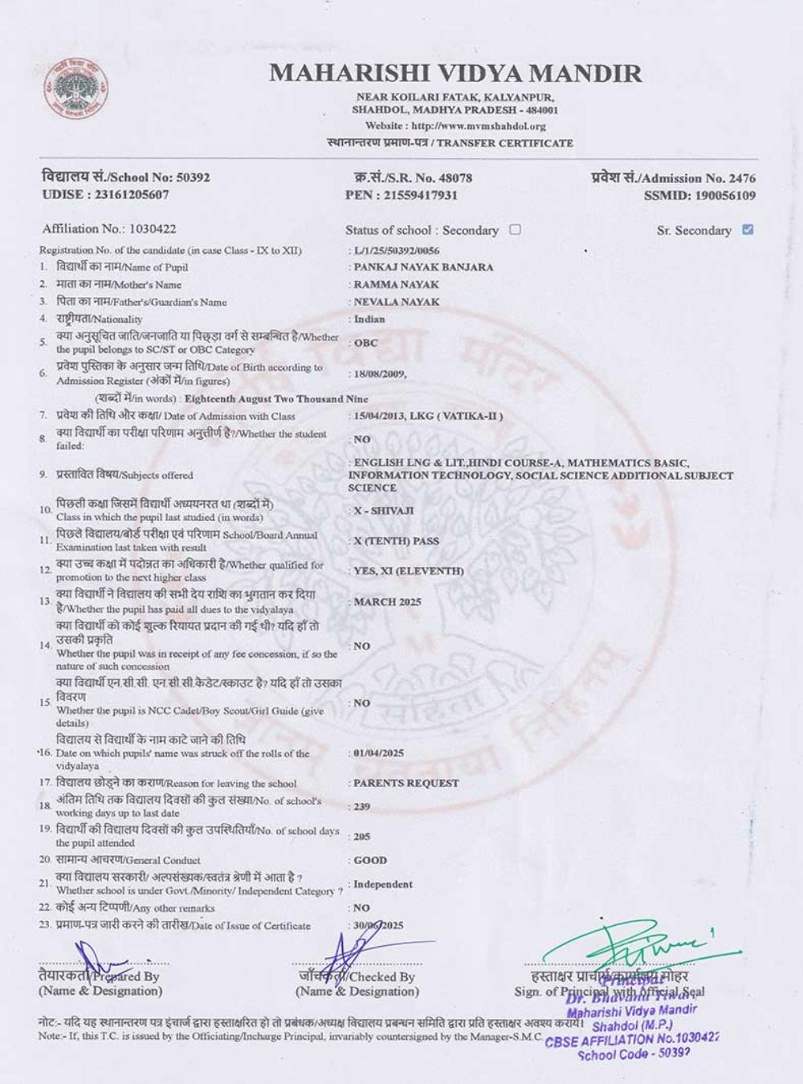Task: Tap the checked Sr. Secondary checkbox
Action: click(x=748, y=230)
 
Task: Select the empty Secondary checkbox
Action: click(x=516, y=230)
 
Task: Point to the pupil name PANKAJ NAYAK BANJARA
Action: click(x=424, y=267)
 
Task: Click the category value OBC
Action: click(x=365, y=343)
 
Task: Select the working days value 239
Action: click(x=362, y=807)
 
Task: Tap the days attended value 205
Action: click(x=362, y=837)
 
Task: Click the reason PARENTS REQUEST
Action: click(x=406, y=783)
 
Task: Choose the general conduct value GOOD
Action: click(x=370, y=860)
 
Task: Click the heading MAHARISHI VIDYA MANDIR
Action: click(x=455, y=74)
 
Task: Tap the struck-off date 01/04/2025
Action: click(x=378, y=753)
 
